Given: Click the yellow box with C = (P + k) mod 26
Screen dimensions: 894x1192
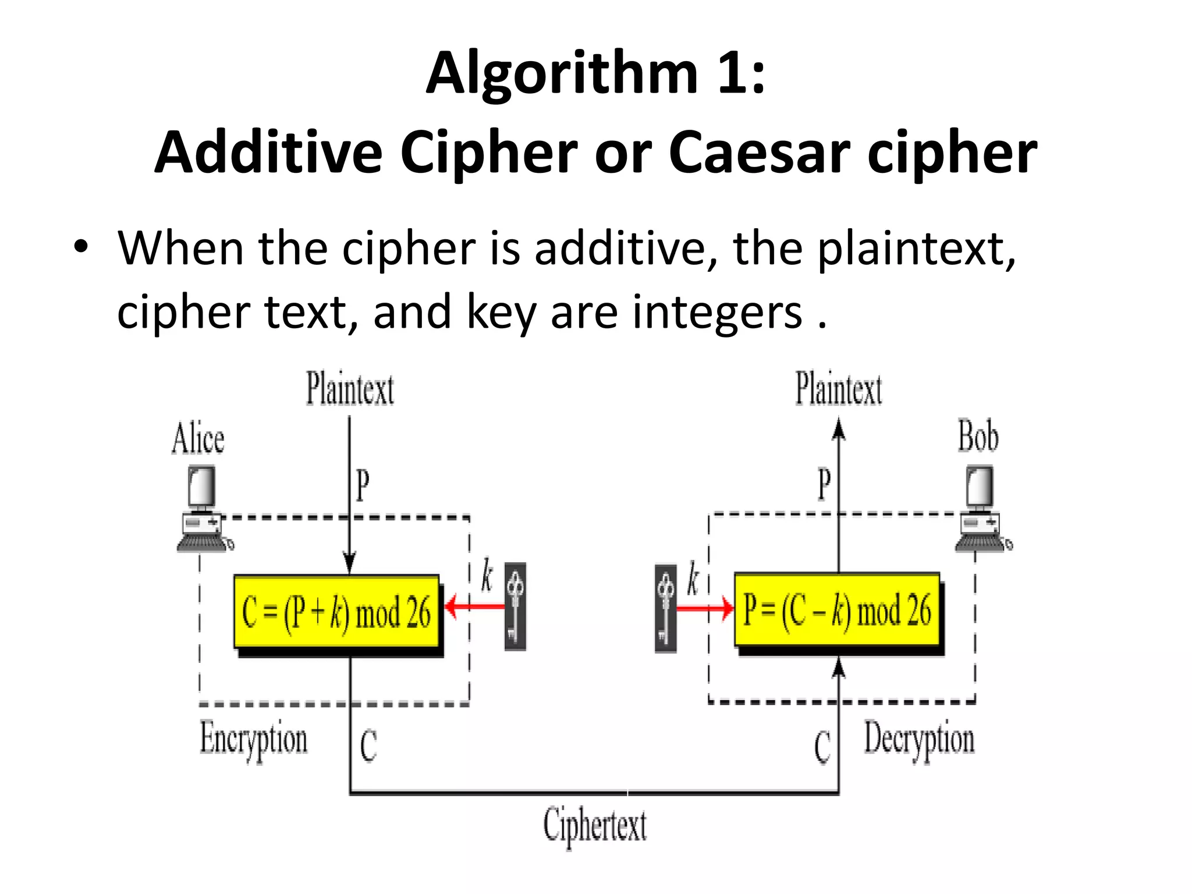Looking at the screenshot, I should click(x=336, y=612).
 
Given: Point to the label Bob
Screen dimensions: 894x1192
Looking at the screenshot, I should click(x=978, y=436).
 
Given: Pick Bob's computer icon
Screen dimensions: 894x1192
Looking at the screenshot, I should click(x=982, y=509).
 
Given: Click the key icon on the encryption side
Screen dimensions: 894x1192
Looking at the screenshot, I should click(x=515, y=606).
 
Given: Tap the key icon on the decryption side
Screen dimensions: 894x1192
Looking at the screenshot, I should click(x=666, y=608).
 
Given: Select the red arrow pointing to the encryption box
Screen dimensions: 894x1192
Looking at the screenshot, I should click(x=474, y=607).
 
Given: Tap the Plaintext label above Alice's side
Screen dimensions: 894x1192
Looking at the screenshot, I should click(x=350, y=389).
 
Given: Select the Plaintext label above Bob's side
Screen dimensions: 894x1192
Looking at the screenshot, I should click(x=839, y=389).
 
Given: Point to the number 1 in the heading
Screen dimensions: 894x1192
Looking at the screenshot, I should click(x=731, y=73).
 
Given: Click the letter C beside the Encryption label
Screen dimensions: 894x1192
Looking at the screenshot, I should click(x=368, y=746).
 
